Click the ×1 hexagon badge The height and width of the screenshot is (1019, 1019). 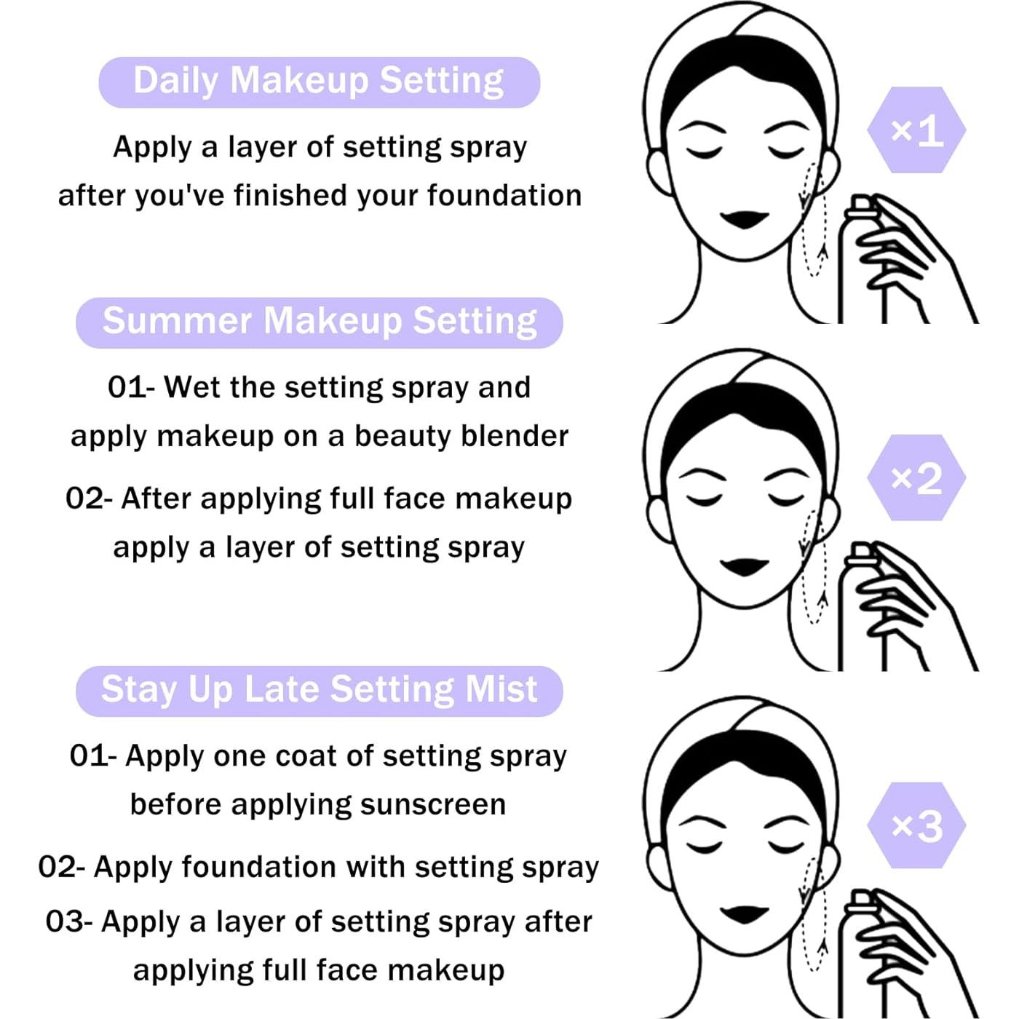[x=916, y=130]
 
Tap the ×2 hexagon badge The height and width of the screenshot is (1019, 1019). [x=916, y=477]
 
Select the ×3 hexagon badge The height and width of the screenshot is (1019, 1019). [x=916, y=825]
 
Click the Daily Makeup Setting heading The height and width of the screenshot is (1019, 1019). [x=319, y=82]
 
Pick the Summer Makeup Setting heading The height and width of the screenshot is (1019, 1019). [x=319, y=322]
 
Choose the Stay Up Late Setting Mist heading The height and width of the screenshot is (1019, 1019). [x=319, y=691]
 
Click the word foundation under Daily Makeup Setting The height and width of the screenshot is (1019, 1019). [x=504, y=195]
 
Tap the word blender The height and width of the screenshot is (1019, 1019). [x=514, y=436]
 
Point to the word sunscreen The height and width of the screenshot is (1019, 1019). [x=432, y=805]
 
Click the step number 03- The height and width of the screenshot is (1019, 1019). [x=69, y=921]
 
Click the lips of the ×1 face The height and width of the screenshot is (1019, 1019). [x=744, y=219]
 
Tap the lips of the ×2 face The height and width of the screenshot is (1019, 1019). [x=744, y=567]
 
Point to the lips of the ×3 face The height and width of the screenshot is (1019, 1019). [x=744, y=914]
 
